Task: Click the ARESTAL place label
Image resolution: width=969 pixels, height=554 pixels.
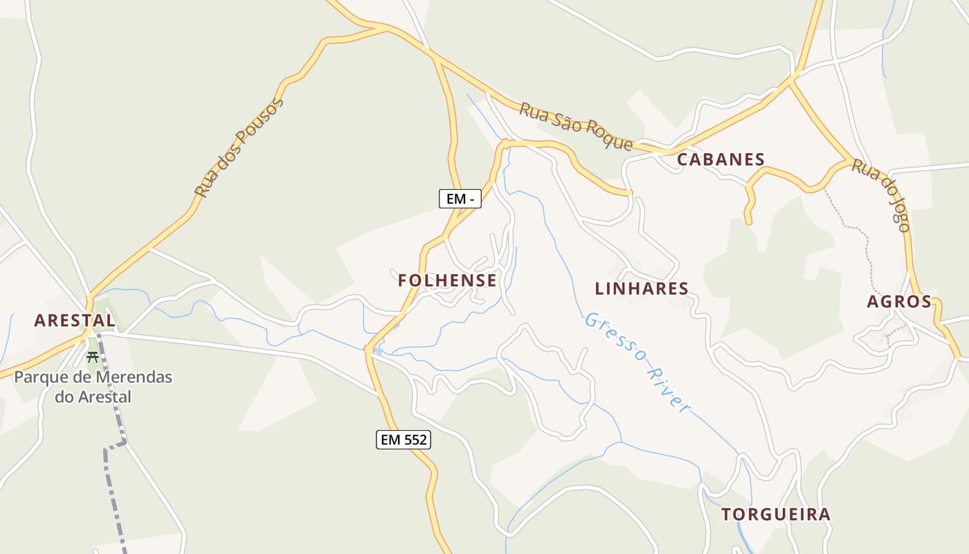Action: click(75, 321)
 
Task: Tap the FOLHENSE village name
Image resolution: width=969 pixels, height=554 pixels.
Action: click(447, 280)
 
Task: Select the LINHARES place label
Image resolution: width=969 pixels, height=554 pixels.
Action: click(642, 289)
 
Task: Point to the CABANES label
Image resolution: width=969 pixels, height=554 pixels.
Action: click(721, 159)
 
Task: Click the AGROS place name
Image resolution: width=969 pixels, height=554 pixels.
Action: click(899, 302)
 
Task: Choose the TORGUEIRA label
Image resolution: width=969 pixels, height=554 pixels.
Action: click(776, 515)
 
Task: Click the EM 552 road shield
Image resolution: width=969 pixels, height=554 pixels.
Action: click(404, 440)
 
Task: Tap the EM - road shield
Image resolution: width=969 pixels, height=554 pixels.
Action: click(460, 199)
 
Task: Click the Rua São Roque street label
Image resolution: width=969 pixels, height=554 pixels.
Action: click(576, 127)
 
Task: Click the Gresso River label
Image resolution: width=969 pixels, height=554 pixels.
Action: click(637, 362)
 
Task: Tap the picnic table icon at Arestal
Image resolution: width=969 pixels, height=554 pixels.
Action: click(92, 357)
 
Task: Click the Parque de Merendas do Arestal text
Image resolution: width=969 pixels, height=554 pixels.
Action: click(93, 387)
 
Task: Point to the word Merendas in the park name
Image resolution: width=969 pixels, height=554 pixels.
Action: click(135, 378)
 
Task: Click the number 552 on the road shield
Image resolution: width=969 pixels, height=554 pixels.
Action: click(414, 440)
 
